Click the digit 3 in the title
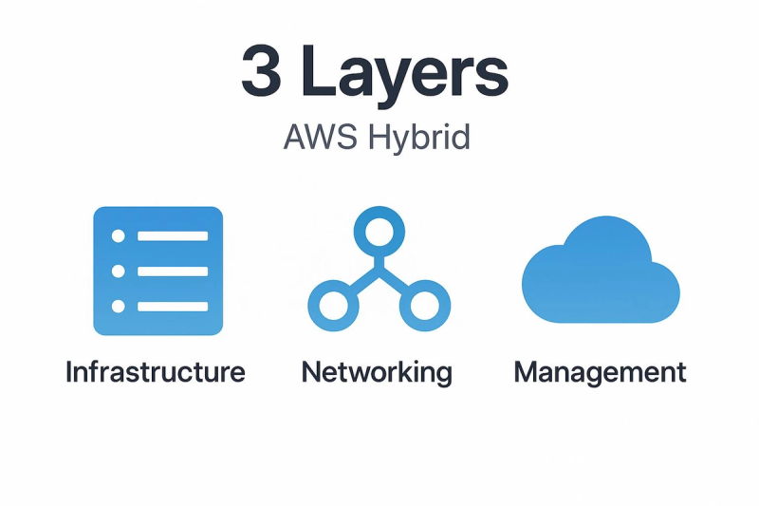[262, 70]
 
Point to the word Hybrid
[419, 139]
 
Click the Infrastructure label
[156, 372]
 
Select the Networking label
[377, 373]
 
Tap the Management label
[600, 373]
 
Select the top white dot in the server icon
[118, 235]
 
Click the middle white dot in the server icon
[118, 271]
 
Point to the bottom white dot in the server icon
[118, 306]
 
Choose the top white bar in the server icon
[173, 235]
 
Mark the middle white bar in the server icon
[173, 272]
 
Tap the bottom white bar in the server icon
[173, 306]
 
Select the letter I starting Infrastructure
[68, 372]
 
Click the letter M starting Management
[526, 372]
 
